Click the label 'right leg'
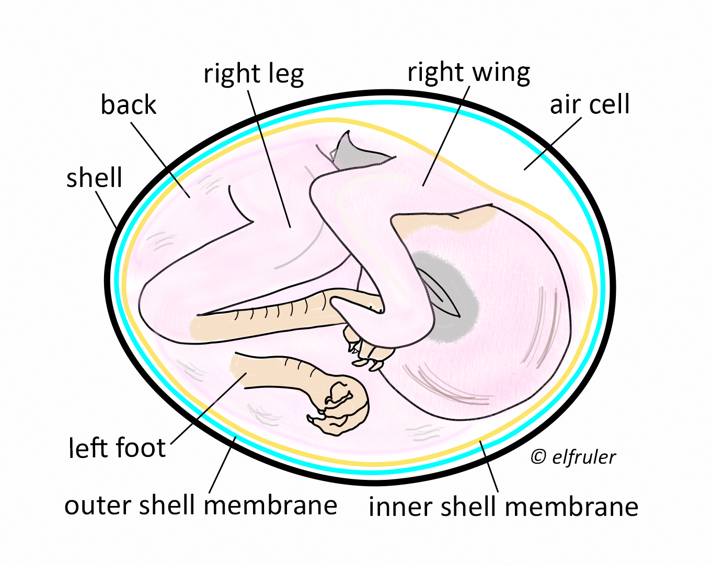click(254, 74)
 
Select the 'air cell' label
click(589, 104)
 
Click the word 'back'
click(128, 104)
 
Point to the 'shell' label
click(94, 178)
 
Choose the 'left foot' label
click(117, 447)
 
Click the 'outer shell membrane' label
click(201, 505)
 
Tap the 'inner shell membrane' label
click(503, 506)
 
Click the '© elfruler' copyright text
click(573, 457)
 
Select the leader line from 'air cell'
click(552, 144)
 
